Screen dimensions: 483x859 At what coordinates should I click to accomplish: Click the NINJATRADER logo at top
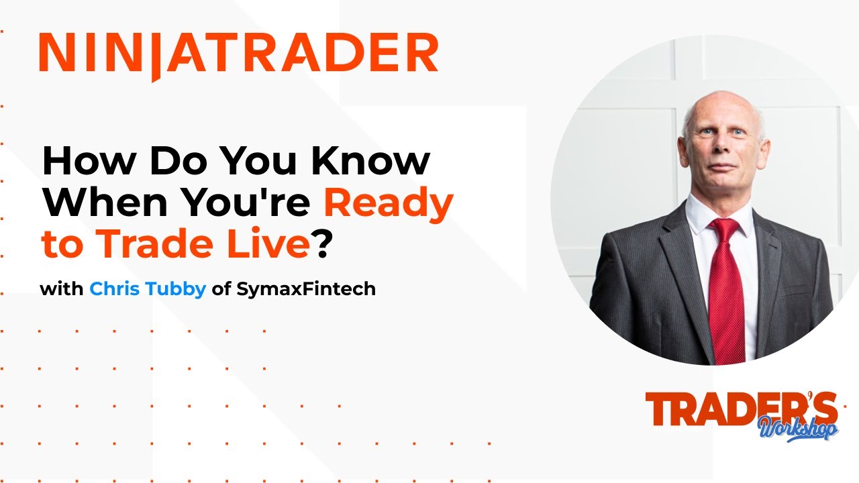coord(238,54)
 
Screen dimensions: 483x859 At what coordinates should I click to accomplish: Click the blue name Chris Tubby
coord(148,289)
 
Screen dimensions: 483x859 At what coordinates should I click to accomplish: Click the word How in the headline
coord(86,161)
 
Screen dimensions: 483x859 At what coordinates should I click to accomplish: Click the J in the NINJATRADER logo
coord(155,57)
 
